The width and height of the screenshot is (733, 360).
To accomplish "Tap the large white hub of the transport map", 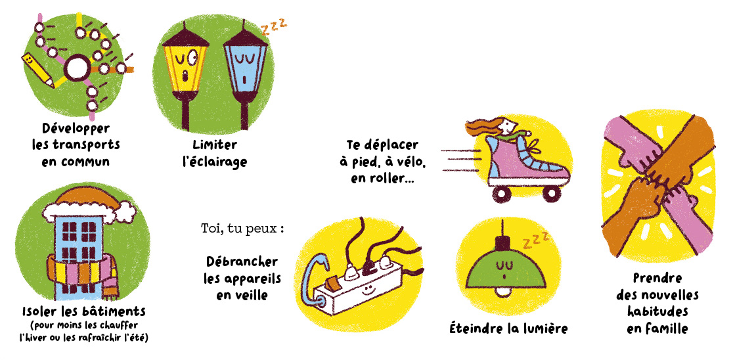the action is (x=76, y=68).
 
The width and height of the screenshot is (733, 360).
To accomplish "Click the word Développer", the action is (x=76, y=129).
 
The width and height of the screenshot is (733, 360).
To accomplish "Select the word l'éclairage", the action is (x=214, y=162).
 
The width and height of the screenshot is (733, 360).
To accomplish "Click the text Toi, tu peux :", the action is (x=242, y=230).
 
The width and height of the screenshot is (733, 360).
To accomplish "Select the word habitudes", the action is (x=658, y=311).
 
